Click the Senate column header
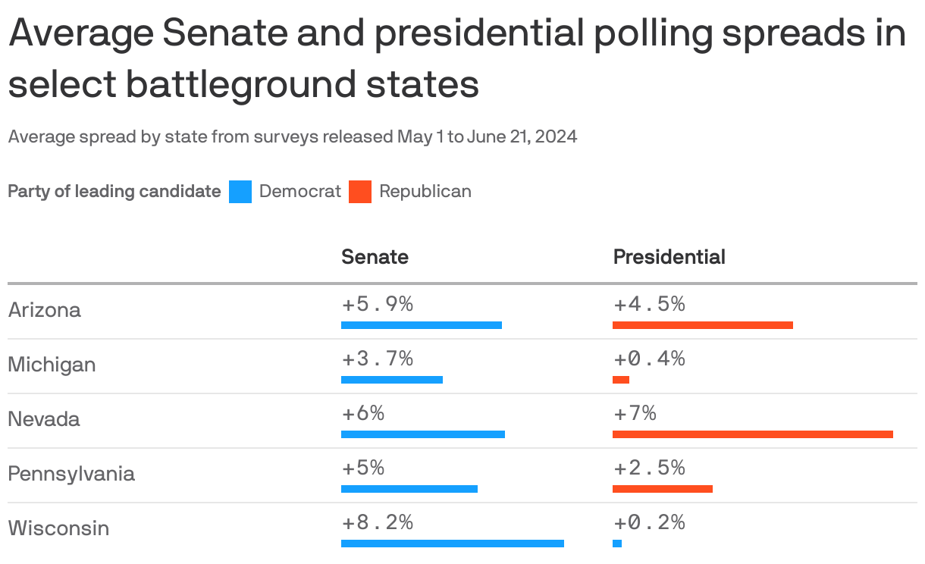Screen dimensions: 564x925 click(x=375, y=257)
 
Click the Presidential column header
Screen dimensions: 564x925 click(x=669, y=257)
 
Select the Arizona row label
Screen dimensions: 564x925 click(x=44, y=310)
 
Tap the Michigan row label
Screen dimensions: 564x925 click(x=52, y=365)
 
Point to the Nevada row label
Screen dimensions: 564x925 click(x=43, y=419)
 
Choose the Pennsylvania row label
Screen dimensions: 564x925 click(x=71, y=474)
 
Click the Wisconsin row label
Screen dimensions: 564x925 click(x=58, y=528)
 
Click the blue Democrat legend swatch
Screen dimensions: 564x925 click(x=240, y=192)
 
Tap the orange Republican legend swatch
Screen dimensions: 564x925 click(x=360, y=192)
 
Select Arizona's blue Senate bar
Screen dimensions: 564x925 click(x=422, y=325)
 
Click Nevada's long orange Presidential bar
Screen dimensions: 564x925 click(x=752, y=434)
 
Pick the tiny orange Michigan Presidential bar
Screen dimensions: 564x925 click(x=621, y=380)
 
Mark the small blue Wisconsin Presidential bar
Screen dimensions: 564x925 click(x=617, y=544)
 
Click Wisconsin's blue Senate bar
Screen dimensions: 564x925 click(x=453, y=544)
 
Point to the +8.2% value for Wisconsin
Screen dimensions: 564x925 click(x=377, y=522)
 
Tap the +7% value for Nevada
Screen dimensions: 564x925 click(x=635, y=413)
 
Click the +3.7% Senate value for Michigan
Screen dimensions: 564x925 click(x=377, y=359)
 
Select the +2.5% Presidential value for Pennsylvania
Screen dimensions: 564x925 click(x=649, y=468)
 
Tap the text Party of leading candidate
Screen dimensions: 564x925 click(x=114, y=191)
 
